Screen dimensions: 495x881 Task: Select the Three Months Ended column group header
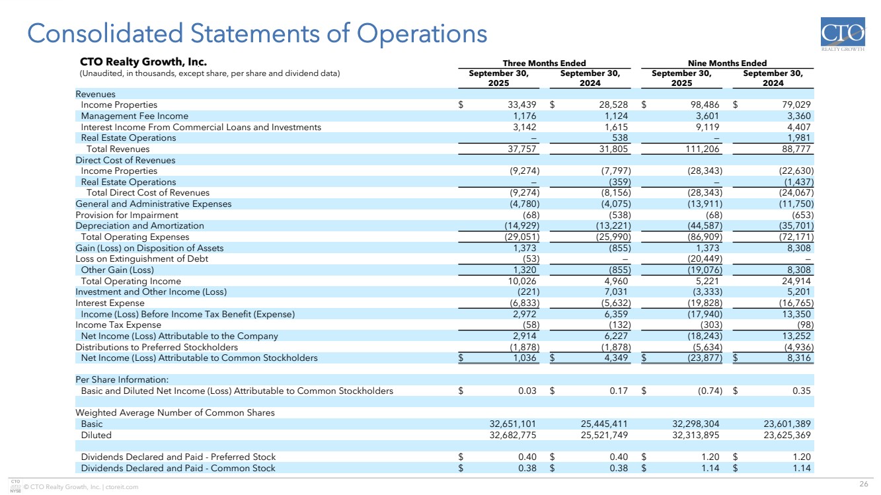[544, 63]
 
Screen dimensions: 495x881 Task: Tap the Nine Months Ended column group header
[727, 63]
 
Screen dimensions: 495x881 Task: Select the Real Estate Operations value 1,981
[797, 138]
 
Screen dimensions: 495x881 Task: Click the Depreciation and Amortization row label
[139, 226]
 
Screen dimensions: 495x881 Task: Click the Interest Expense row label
[110, 303]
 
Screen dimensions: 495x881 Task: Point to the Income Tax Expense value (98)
[802, 325]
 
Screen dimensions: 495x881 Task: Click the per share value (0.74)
[709, 391]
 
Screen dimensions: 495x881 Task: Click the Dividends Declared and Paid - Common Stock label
[178, 469]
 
